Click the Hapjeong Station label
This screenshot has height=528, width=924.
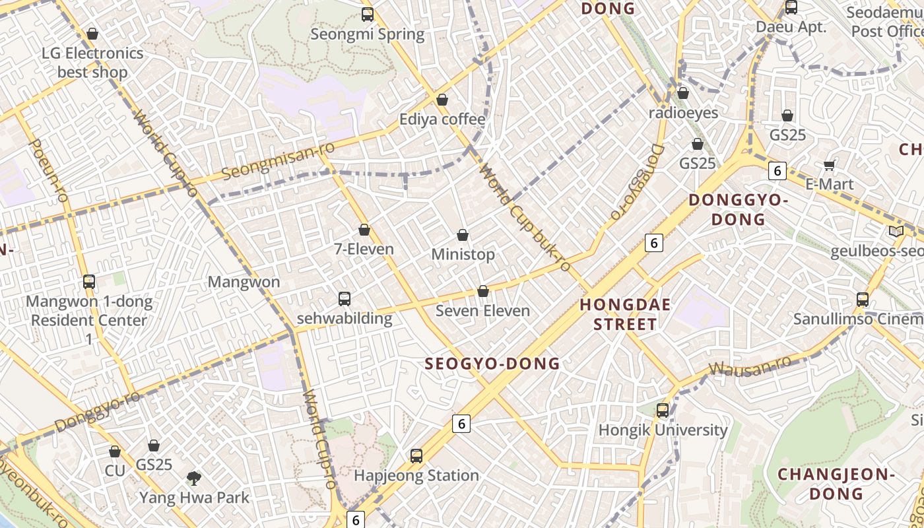(416, 475)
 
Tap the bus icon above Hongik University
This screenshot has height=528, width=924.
(663, 411)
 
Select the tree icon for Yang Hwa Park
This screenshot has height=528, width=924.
(194, 478)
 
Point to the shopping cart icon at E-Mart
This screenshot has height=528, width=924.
(830, 165)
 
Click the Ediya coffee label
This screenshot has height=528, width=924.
(442, 119)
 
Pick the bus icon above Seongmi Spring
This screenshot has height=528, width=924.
(368, 15)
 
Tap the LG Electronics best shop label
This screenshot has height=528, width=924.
(92, 62)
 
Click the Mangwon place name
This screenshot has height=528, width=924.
(244, 282)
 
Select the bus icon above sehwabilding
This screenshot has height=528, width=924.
(344, 299)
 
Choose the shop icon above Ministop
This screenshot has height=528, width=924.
(463, 235)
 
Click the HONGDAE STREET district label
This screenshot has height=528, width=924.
(625, 314)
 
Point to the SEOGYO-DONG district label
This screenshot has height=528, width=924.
(492, 364)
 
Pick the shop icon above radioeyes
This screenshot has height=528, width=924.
(683, 94)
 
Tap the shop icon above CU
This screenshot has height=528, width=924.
(115, 452)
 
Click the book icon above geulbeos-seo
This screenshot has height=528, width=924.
(896, 232)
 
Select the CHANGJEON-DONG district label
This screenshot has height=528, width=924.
(836, 484)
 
